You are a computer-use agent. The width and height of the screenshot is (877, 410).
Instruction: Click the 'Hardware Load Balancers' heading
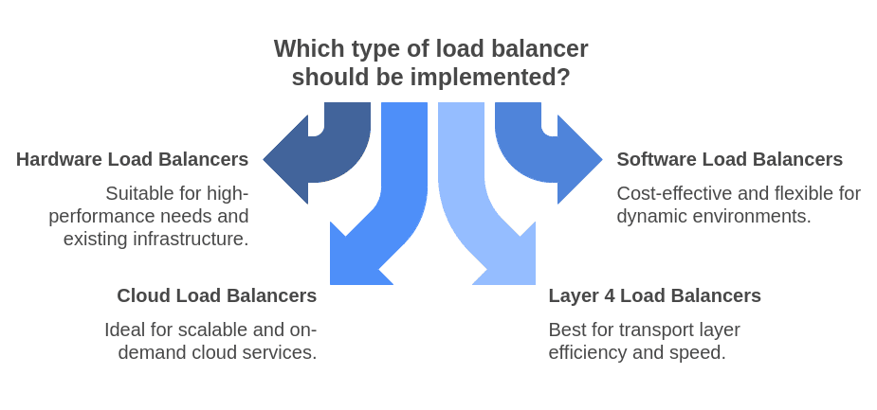(x=132, y=159)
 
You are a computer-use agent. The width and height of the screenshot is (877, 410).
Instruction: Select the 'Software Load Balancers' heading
(x=729, y=159)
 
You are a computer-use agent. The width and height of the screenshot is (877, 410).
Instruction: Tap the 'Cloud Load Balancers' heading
(x=216, y=295)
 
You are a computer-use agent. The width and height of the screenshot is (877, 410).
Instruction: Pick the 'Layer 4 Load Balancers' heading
(x=654, y=295)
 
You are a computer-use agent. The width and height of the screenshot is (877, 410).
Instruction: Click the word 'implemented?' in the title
(x=498, y=78)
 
